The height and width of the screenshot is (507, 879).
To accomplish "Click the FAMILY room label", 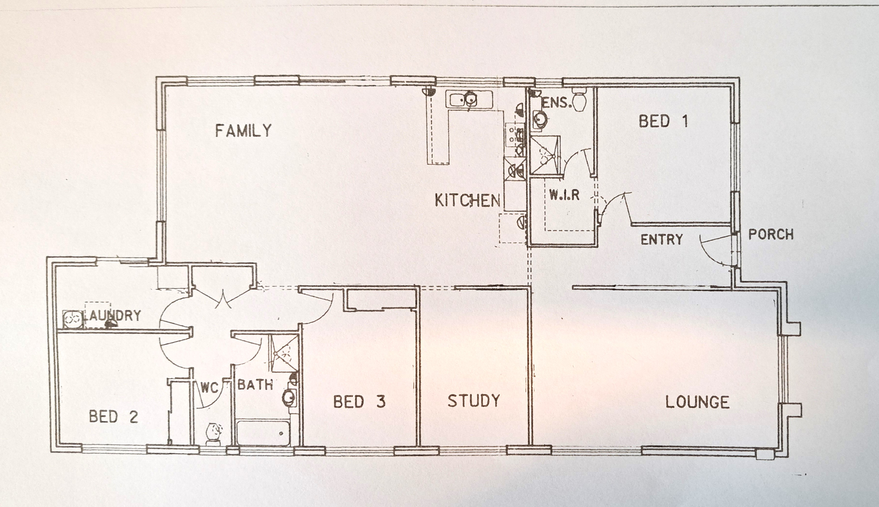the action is (243, 131).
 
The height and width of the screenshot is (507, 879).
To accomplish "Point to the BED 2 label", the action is (114, 417).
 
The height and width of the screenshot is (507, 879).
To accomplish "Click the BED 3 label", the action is (359, 401).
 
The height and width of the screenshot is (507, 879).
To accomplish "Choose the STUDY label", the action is (474, 401).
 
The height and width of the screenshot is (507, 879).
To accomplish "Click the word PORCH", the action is (771, 234).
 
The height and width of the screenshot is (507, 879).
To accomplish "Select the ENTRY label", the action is (662, 240).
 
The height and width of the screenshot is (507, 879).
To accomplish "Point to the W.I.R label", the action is (564, 195).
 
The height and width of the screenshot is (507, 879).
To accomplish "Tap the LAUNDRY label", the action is (112, 315).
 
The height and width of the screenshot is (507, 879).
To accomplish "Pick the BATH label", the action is (255, 385).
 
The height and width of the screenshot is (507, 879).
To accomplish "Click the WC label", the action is (209, 388).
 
